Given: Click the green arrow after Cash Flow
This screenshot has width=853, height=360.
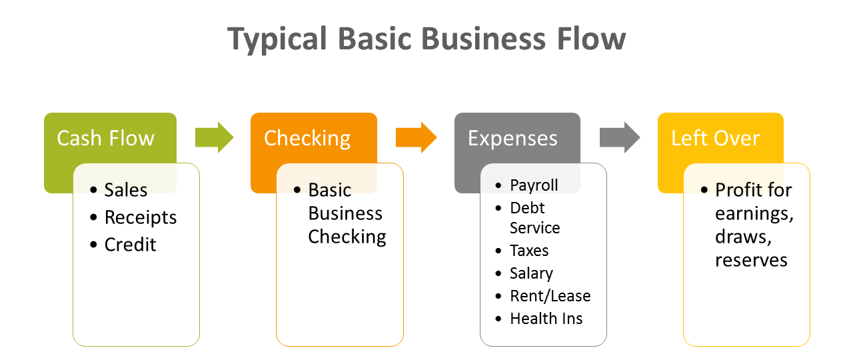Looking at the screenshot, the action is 214,137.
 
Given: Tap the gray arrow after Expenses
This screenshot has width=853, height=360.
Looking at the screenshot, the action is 619,137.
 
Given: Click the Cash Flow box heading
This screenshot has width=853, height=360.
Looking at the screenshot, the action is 105,138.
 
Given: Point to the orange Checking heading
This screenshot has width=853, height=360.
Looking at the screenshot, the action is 307,138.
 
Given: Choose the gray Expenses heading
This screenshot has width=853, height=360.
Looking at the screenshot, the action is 512,138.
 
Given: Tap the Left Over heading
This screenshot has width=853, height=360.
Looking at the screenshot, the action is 715,138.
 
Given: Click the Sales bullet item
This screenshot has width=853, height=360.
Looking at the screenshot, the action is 125,190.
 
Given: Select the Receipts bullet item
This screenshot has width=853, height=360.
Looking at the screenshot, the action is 141,217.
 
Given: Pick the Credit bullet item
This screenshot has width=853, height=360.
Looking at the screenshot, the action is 130,245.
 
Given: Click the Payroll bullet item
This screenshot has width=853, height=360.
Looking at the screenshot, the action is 534,185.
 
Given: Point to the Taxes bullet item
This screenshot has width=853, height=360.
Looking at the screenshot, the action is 529,251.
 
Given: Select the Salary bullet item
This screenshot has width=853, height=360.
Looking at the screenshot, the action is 531,273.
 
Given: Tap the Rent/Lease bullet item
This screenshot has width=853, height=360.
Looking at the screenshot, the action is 550,296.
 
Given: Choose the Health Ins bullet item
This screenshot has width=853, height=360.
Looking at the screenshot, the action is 546,319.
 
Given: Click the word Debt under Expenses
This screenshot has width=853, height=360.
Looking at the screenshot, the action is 527,207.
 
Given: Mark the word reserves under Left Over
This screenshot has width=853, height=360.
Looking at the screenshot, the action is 751,259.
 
